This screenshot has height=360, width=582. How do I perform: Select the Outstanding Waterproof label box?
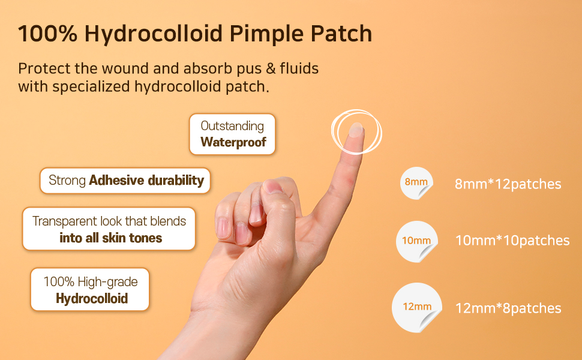coord(232,134)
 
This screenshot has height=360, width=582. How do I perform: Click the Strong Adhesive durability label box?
coord(125,181)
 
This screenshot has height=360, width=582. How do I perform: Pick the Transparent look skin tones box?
coord(109,229)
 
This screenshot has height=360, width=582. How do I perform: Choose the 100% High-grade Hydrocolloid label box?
coord(90,289)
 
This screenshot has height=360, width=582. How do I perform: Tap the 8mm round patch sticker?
coord(416,183)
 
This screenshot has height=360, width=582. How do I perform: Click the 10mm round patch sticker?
coord(417,241)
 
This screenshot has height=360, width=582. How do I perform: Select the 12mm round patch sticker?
coord(417,307)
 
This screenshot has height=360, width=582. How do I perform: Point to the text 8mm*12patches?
coord(508,184)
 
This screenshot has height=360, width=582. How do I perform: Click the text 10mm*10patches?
coord(512,241)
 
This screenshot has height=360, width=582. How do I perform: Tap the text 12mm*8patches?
coord(508,308)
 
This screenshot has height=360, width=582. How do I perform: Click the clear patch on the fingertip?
coord(356,130)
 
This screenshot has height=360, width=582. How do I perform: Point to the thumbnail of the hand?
coord(273,187)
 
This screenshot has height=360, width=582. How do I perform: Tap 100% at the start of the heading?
coord(47,34)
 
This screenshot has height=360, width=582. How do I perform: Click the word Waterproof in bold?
coord(233,142)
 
